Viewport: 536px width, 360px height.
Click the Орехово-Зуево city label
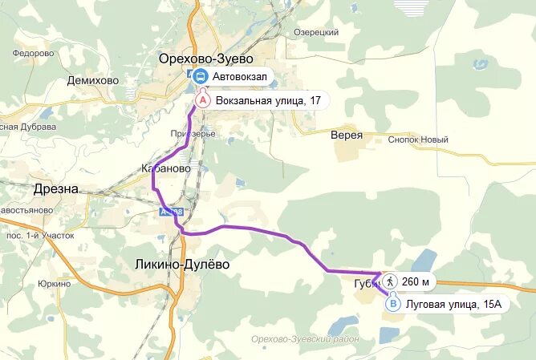point(205,59)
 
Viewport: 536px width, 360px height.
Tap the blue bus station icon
point(199,77)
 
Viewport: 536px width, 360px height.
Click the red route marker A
point(203,100)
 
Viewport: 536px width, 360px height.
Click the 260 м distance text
point(416,282)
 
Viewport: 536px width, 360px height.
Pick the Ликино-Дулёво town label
point(182,265)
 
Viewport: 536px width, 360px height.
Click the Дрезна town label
point(56,189)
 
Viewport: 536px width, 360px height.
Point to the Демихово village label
point(92,81)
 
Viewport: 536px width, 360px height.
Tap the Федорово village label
point(33,54)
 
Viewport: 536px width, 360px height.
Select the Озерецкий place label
point(316,32)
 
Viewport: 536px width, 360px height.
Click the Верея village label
point(347,136)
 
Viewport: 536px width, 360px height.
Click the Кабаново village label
point(165,169)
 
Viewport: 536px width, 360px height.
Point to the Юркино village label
point(54,284)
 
